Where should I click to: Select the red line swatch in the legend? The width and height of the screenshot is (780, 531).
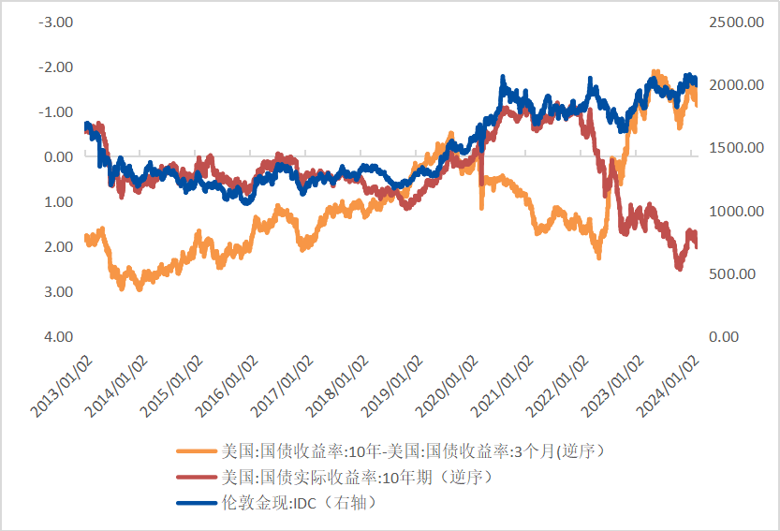click(194, 478)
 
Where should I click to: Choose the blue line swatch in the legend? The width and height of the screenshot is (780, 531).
click(194, 504)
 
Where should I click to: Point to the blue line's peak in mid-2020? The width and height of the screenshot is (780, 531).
click(504, 78)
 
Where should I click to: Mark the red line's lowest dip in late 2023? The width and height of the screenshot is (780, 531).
click(679, 269)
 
